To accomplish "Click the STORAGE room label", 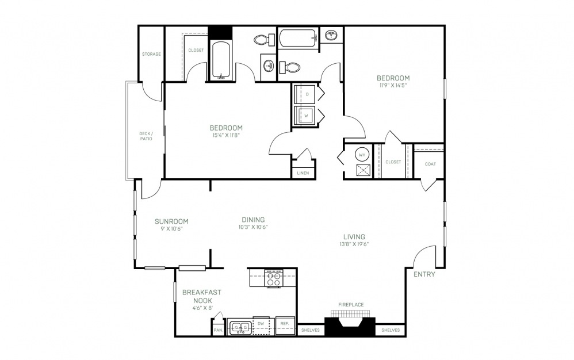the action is point(151,54).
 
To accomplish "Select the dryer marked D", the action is point(307,94).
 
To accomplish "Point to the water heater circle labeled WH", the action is point(362,155).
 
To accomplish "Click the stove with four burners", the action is point(274,278).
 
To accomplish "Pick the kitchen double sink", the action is point(239,326).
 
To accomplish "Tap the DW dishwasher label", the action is point(261,324).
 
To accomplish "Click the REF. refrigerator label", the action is point(285,324).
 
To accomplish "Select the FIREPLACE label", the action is point(351,305).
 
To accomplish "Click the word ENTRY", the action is point(424,274).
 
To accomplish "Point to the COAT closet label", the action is point(430,164).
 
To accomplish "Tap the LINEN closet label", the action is point(303,173).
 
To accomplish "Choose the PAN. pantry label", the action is point(219,330).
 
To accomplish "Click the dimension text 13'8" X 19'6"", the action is point(354,244).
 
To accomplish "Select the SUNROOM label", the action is point(171,221).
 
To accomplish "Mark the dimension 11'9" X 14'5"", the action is point(393,85).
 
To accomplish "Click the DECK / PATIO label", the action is point(146,136).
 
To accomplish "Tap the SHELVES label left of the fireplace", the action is point(311,330).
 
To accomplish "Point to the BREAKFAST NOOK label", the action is point(202,296).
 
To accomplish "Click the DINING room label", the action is point(253,220).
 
